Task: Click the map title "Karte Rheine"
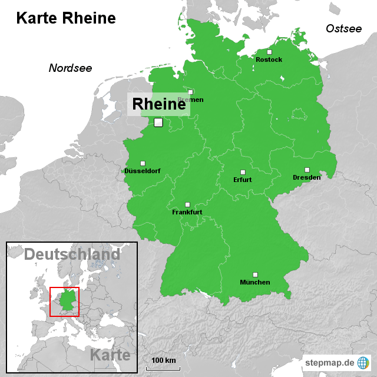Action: [65, 18]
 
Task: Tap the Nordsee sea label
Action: [70, 68]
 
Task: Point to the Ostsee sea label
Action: [343, 28]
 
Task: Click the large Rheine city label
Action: [158, 104]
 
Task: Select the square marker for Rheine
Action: [158, 123]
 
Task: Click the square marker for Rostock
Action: [269, 52]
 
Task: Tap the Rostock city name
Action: [269, 59]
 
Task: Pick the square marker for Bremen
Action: [190, 92]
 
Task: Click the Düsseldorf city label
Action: [142, 171]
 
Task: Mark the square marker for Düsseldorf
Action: [143, 163]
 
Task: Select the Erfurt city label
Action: [242, 180]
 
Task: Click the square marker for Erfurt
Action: [243, 172]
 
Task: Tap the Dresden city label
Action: [306, 177]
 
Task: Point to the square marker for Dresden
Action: [307, 170]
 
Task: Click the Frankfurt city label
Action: [187, 211]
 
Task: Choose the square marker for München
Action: [255, 275]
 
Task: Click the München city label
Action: [254, 282]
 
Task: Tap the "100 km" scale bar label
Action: [163, 360]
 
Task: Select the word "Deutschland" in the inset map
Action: [72, 254]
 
